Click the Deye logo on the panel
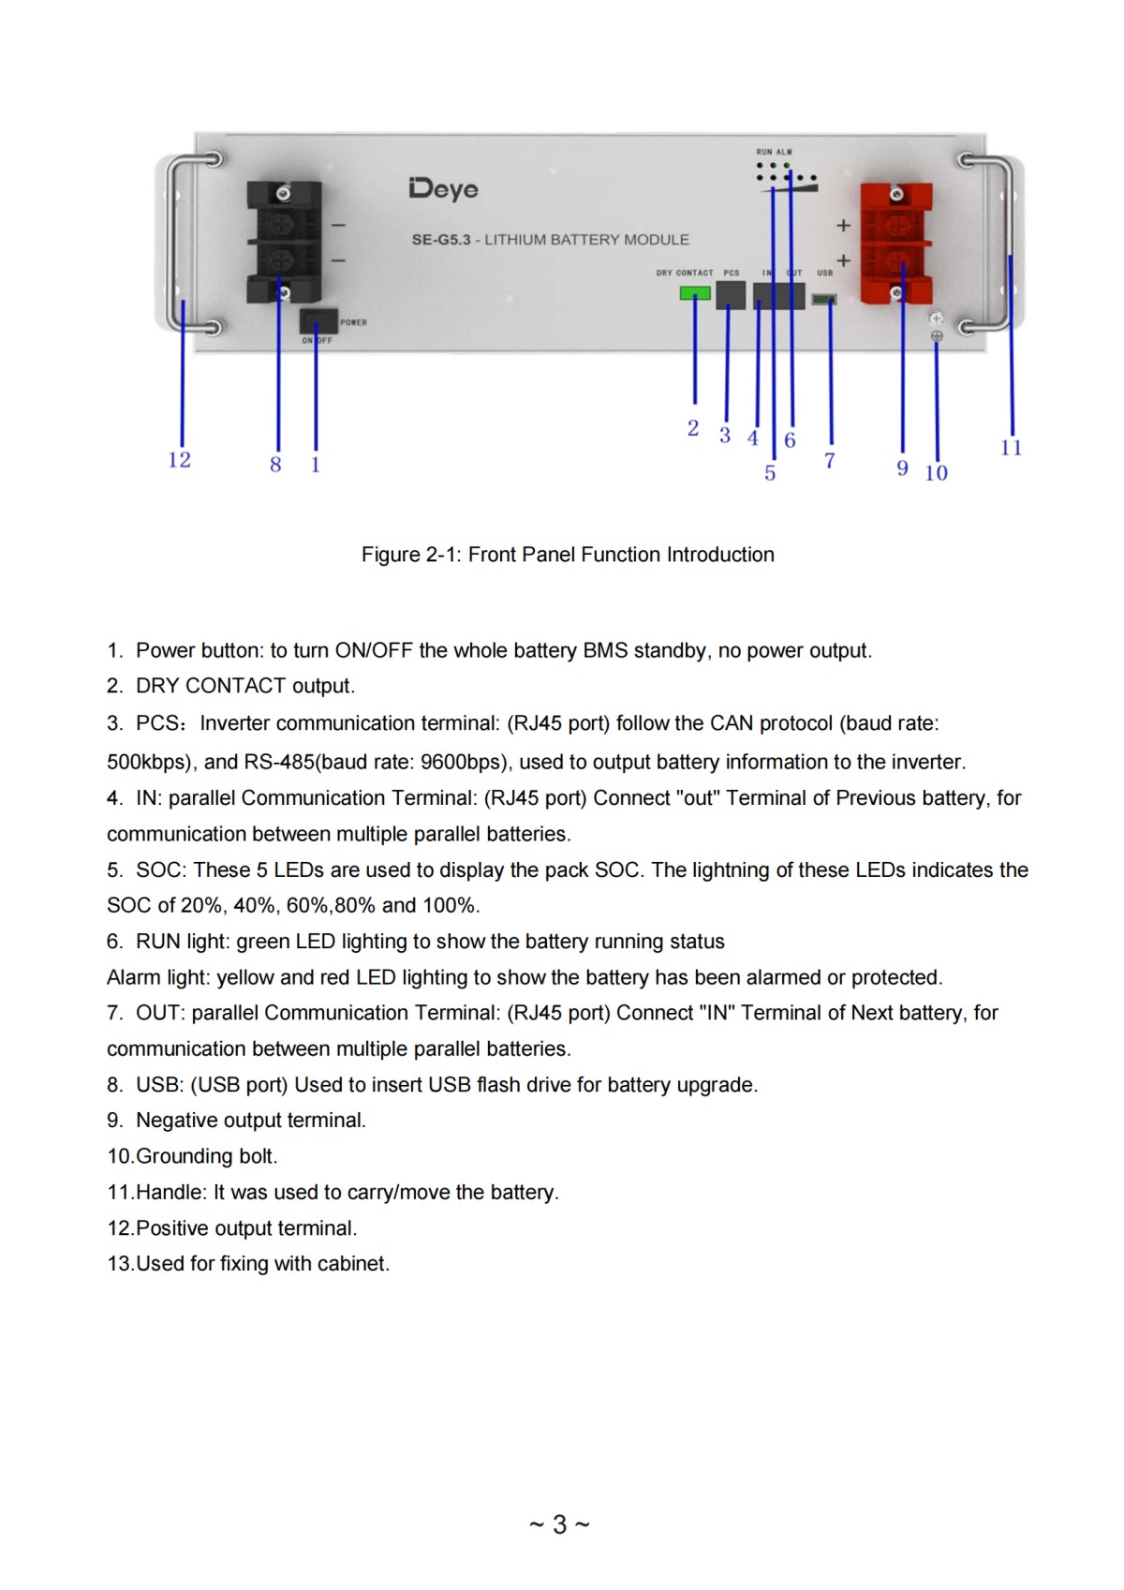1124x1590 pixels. tap(443, 188)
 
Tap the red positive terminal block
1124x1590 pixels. tap(895, 242)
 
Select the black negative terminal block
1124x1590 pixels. tap(282, 242)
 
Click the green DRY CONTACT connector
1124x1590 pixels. tap(694, 293)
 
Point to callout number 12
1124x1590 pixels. tap(179, 460)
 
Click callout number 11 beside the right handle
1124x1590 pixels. tap(1011, 448)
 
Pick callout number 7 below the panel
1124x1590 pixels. tap(829, 461)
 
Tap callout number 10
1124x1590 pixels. tap(936, 473)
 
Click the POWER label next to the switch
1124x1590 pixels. tap(353, 322)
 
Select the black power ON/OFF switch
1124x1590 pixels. tap(318, 321)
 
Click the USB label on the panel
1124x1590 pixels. tap(824, 273)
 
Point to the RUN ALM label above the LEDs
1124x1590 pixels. tap(774, 152)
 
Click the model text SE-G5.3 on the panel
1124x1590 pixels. tap(441, 240)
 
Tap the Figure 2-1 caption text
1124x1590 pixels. tap(568, 555)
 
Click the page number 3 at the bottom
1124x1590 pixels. tap(559, 1524)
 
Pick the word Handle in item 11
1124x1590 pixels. tap(169, 1192)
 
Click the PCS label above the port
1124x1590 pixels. tap(732, 273)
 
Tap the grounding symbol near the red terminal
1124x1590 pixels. tap(936, 335)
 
